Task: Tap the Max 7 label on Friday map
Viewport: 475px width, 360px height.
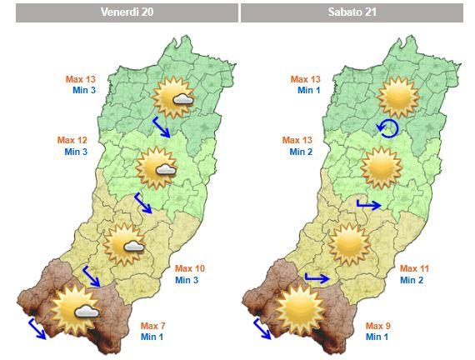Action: [x=154, y=325]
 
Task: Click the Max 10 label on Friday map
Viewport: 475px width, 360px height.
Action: [x=189, y=269]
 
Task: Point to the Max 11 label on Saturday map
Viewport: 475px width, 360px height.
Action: [x=414, y=268]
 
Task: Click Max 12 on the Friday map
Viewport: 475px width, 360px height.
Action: [x=71, y=140]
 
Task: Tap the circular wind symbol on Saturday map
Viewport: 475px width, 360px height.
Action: [x=387, y=127]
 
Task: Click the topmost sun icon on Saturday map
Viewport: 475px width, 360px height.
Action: [x=397, y=97]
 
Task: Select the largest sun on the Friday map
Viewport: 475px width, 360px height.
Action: [x=73, y=308]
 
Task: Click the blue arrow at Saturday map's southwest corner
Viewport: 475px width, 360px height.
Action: [x=262, y=327]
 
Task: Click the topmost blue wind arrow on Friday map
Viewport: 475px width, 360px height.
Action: [x=161, y=127]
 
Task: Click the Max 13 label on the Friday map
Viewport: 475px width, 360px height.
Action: [x=81, y=79]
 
